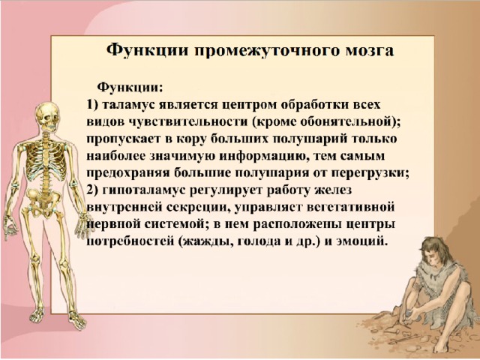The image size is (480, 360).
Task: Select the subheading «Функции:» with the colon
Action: click(130, 88)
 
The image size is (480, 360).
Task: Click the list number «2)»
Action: click(92, 190)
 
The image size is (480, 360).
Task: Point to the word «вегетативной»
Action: click(350, 208)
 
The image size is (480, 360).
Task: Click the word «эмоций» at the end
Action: click(362, 241)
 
